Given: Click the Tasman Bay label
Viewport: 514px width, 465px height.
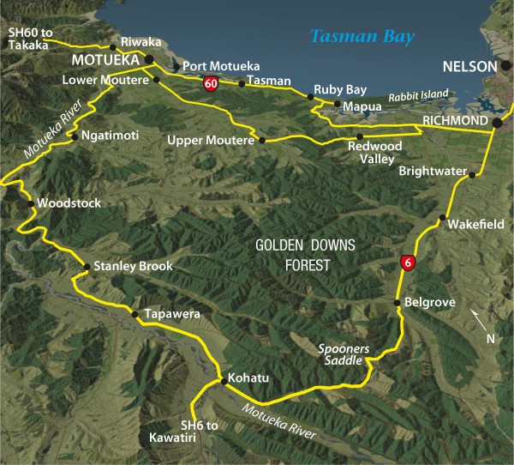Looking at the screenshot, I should tap(362, 37).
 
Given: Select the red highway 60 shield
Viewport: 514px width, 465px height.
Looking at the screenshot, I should tap(210, 83).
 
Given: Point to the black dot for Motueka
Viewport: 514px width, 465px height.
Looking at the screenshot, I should tap(149, 60).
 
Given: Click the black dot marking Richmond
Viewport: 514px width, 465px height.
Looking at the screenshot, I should tap(496, 124).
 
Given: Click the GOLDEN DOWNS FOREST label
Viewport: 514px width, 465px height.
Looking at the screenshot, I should tap(294, 255).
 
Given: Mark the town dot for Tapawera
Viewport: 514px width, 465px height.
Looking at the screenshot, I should tap(134, 315).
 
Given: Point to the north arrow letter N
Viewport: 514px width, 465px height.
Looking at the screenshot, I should tap(490, 338).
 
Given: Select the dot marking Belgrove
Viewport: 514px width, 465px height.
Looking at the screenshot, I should tap(397, 303).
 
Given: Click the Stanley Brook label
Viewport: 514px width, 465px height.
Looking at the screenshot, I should tap(133, 267).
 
